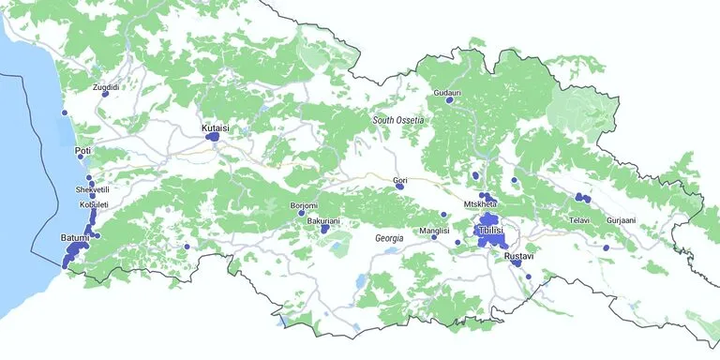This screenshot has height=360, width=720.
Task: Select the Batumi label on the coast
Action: coord(62,238)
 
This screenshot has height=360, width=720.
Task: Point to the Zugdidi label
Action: coord(106,87)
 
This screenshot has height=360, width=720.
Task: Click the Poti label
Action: coord(82,150)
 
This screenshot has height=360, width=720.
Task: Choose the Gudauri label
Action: coord(447,93)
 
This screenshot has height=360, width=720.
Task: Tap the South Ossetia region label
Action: coord(398,120)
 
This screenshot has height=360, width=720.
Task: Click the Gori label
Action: coord(400,179)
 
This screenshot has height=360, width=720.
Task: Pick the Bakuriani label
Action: coord(323,220)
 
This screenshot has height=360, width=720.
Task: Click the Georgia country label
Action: coord(389,238)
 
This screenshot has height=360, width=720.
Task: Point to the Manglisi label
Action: coord(435,230)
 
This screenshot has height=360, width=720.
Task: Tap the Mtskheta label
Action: coord(479,204)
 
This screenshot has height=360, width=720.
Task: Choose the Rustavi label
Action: coord(518,256)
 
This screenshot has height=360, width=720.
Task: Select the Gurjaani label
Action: coord(621,220)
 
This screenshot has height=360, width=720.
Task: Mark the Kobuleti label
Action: coord(94,204)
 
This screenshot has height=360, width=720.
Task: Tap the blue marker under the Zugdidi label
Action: coord(106,94)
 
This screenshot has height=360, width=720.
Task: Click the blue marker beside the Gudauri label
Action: coord(449,101)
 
